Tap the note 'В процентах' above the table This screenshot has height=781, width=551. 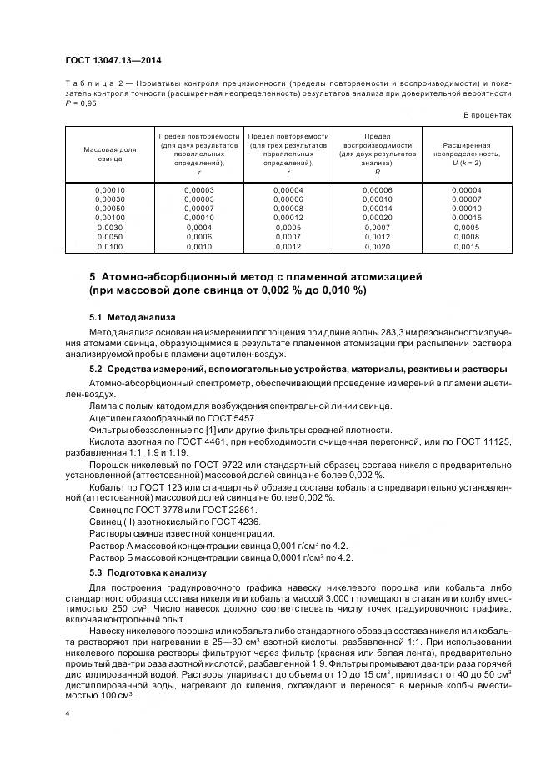pos(487,115)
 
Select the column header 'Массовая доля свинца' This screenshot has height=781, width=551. pos(109,153)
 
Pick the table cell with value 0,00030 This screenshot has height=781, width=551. pos(109,199)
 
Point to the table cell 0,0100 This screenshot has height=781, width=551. pos(109,246)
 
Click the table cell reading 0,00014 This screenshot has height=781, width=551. pos(377,209)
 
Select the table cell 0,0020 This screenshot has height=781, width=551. pos(377,246)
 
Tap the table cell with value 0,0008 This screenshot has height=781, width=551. pos(466,237)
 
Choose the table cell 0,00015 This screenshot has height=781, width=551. pos(466,218)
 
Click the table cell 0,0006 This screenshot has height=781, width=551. pos(198,237)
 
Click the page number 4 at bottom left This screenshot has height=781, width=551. pos(68,713)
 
